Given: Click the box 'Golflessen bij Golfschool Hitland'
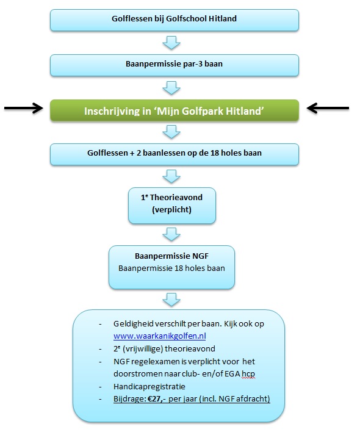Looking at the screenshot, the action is point(175,20).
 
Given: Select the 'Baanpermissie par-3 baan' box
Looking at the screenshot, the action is point(175,65).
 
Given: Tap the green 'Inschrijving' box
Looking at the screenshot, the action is point(175,110).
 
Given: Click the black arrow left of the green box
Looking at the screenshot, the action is point(23,108).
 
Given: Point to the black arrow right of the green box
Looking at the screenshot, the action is point(328,108).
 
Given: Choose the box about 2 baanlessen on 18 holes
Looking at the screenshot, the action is point(175,154).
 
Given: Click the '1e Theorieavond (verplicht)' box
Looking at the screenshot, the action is point(172,206).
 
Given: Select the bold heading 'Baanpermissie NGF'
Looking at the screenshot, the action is point(171,256).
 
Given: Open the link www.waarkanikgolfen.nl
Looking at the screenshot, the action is point(160,336).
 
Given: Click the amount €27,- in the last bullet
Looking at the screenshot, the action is point(157,398).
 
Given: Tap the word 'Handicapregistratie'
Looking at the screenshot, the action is point(149,386).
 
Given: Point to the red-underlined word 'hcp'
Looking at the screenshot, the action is point(248,374).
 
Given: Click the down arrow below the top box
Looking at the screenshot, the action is point(171,43).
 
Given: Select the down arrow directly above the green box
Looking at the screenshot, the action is point(171,88).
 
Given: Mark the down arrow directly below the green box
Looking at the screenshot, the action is point(171,132).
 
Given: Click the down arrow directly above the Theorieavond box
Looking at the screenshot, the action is point(171,176).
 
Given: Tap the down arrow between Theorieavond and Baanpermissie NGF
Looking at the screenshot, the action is point(171,234).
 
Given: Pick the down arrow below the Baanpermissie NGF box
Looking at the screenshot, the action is point(171,300).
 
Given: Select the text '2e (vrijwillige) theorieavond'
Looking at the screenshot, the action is point(164,348).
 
